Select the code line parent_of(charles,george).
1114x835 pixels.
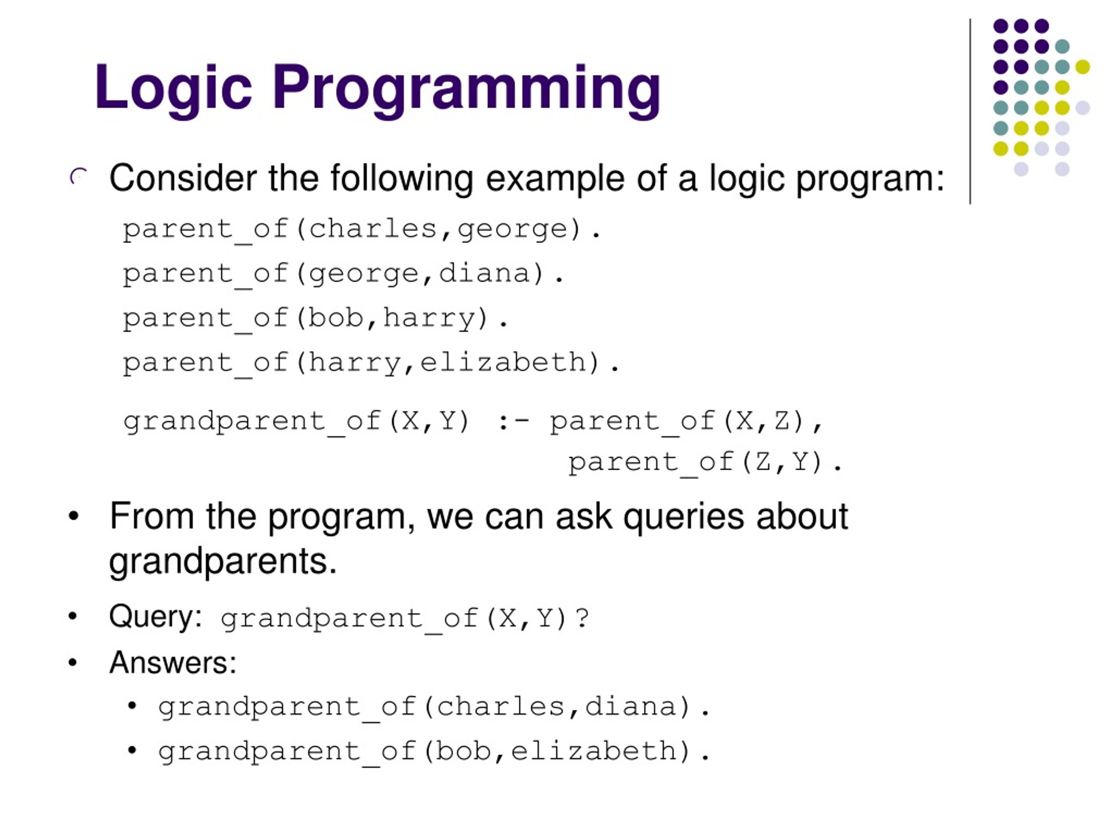[362, 230]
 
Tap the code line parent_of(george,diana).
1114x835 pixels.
[343, 274]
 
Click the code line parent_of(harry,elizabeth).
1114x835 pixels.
[371, 363]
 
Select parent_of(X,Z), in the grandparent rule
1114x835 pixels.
[686, 422]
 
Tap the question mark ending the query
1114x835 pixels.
[582, 618]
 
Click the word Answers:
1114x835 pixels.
[173, 663]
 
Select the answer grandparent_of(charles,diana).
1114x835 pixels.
[433, 707]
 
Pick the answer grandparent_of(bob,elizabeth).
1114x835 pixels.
[433, 752]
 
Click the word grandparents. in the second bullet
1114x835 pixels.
[223, 562]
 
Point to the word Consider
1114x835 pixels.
[183, 178]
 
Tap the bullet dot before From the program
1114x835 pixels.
[74, 516]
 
